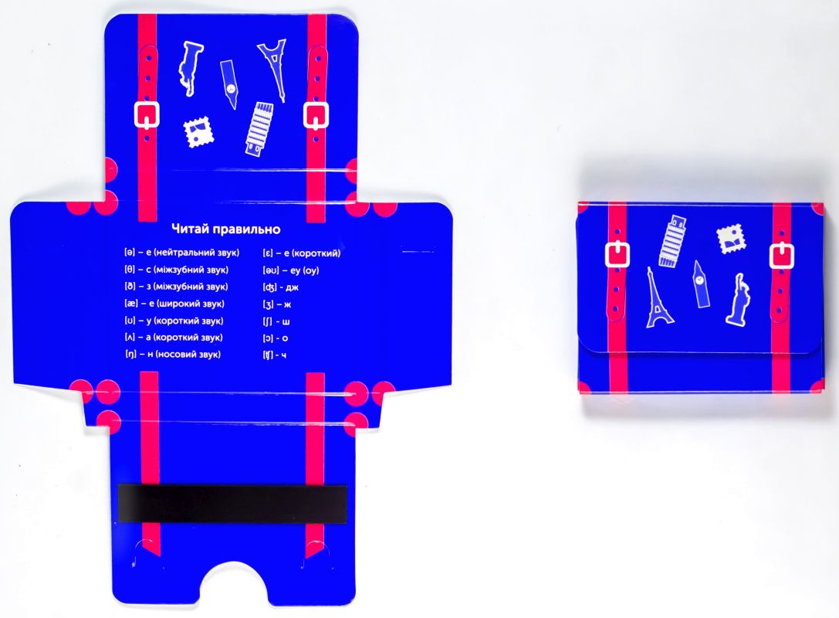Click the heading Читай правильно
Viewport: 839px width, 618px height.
tap(226, 229)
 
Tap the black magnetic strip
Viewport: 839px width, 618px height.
tap(232, 503)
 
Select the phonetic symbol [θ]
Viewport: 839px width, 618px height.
tap(130, 270)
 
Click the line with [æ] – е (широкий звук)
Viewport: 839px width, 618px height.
tap(174, 304)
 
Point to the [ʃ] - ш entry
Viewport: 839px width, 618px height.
tap(276, 321)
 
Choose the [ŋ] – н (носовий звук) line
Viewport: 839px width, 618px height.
tap(172, 354)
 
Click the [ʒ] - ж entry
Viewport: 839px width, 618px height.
tap(276, 304)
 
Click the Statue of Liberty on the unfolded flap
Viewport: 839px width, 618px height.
tap(189, 68)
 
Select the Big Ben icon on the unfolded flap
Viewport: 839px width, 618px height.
tap(229, 83)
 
